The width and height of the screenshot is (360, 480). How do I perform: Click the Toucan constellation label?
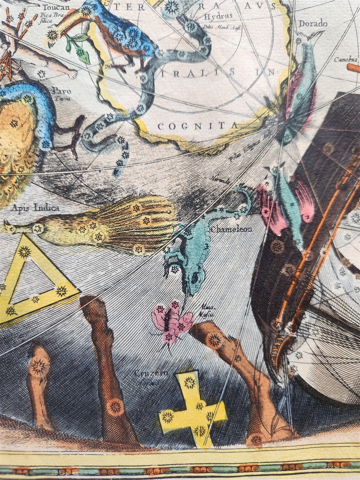[x=56, y=7]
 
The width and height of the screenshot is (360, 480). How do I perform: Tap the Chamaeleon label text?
[x=231, y=230]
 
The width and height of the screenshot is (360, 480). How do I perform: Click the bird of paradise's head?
[x=9, y=228]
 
